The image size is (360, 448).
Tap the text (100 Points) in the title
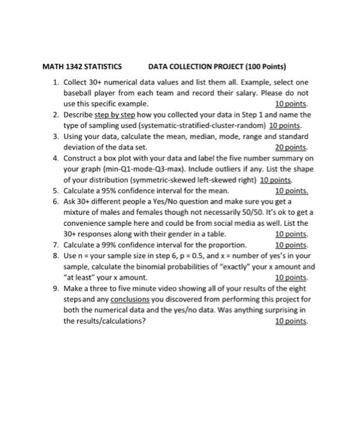tap(264, 67)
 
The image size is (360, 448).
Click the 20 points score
tap(291, 147)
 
